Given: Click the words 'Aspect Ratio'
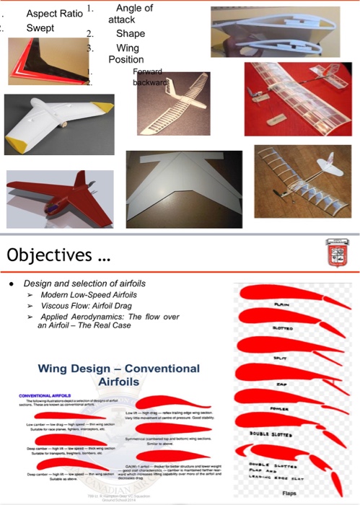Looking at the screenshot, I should (53, 14).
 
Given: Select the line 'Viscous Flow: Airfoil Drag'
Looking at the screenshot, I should (86, 306).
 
